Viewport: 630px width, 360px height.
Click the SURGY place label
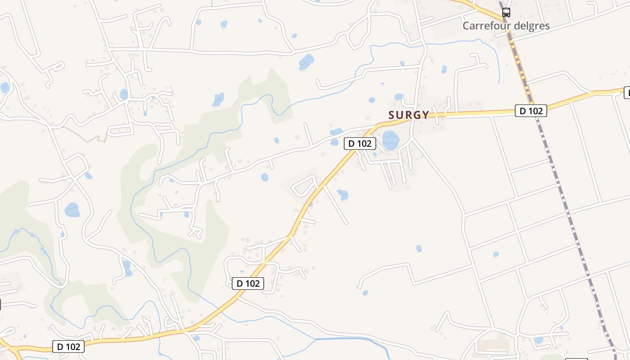[x=409, y=115]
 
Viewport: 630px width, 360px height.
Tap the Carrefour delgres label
[x=506, y=26]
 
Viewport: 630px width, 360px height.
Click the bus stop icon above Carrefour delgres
[x=506, y=13]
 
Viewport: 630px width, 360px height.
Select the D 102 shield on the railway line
[x=531, y=111]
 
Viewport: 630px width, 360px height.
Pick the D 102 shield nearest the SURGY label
[x=360, y=144]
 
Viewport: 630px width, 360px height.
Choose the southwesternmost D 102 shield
[x=69, y=346]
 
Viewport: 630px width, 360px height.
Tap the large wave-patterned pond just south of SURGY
[x=391, y=140]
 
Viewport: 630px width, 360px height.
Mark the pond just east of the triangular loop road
[x=343, y=194]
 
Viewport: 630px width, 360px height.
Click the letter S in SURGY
[x=391, y=115]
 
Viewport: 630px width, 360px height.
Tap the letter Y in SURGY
[x=425, y=115]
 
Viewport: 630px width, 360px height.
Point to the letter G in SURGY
[x=417, y=115]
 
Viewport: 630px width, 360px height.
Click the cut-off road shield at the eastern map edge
[x=627, y=93]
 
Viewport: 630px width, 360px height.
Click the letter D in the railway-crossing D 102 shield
[x=522, y=111]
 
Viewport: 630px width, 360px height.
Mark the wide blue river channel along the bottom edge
[x=351, y=339]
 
